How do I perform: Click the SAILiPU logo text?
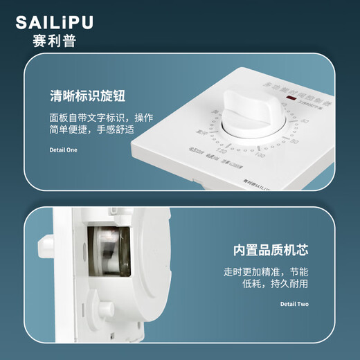[x=54, y=23]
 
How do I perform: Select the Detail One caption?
[x=64, y=150]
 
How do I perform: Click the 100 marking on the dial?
[x=260, y=154]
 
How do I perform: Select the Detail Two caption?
[x=294, y=304]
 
